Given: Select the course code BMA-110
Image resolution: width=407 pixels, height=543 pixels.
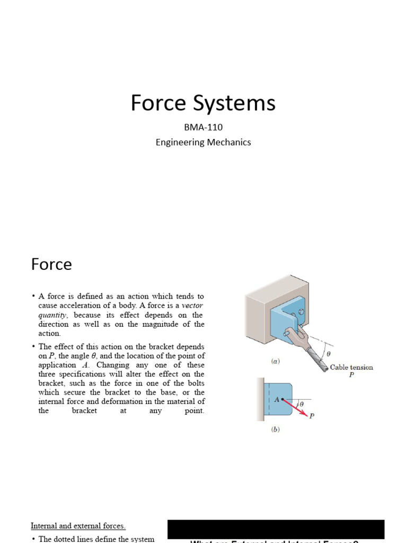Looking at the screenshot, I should (203, 127).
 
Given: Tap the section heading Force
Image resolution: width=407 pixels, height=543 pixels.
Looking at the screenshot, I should (51, 264).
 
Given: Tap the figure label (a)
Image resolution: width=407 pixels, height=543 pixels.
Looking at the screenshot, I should (275, 361).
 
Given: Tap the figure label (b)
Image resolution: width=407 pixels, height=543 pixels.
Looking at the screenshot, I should (275, 430).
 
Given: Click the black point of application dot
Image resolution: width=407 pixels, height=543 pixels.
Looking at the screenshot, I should (282, 399).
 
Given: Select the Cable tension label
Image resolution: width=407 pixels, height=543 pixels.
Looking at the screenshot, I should (351, 367).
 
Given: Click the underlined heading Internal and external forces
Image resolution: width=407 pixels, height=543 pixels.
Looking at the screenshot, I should (78, 526).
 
